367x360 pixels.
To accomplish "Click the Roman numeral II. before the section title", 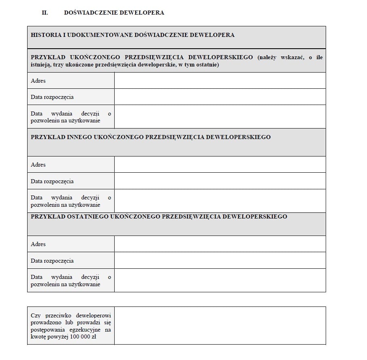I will tap(45, 13).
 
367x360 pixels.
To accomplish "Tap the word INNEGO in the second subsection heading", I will tap(77, 137).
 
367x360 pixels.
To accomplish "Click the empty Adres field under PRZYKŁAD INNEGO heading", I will tap(220, 165).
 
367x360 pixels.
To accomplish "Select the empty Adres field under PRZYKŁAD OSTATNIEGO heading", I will tap(220, 244).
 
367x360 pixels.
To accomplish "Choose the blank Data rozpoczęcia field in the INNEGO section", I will tap(220, 181).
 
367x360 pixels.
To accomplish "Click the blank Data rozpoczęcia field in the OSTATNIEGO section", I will tap(220, 260).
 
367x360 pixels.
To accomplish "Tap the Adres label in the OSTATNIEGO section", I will tap(38, 244).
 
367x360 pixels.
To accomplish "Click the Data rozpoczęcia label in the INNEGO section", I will tap(52, 181).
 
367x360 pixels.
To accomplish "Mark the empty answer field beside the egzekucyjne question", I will tap(220, 326).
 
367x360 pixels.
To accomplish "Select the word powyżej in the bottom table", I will tap(58, 336).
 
